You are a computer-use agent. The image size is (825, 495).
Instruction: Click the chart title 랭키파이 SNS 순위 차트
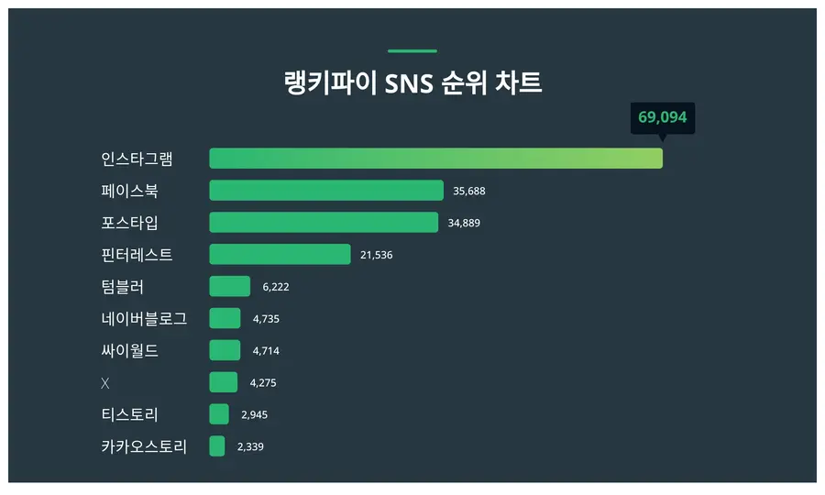click(x=412, y=83)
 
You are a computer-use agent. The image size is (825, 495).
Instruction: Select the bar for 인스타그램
click(x=435, y=159)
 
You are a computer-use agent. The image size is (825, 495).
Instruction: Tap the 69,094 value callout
click(x=662, y=118)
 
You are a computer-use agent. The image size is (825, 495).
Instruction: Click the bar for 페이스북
click(x=326, y=191)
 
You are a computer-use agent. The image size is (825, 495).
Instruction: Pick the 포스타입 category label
click(x=129, y=223)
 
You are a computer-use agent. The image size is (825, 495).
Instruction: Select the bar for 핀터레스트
click(x=280, y=255)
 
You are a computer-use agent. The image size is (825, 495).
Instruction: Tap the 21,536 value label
click(x=376, y=255)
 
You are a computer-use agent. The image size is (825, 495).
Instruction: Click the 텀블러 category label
click(x=123, y=287)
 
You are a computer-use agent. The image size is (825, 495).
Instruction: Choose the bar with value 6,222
click(x=229, y=287)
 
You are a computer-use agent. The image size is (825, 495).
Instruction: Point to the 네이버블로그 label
click(x=144, y=319)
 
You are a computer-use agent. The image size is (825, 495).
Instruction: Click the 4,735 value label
click(x=266, y=319)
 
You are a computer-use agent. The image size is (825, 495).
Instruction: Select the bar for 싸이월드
click(x=225, y=350)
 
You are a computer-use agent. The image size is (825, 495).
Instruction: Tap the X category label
click(x=105, y=382)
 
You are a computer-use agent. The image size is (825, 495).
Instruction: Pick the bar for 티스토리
click(x=219, y=414)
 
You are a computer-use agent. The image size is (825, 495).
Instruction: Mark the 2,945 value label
click(x=254, y=415)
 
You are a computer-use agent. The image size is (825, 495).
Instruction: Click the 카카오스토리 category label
click(x=144, y=446)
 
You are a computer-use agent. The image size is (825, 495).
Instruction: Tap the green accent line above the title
click(x=412, y=51)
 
